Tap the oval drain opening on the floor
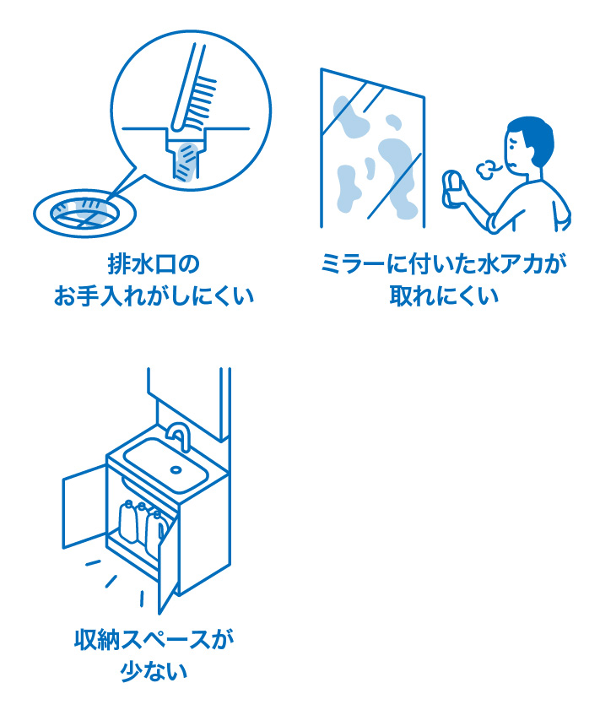point(84,212)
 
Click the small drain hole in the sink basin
point(176,469)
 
